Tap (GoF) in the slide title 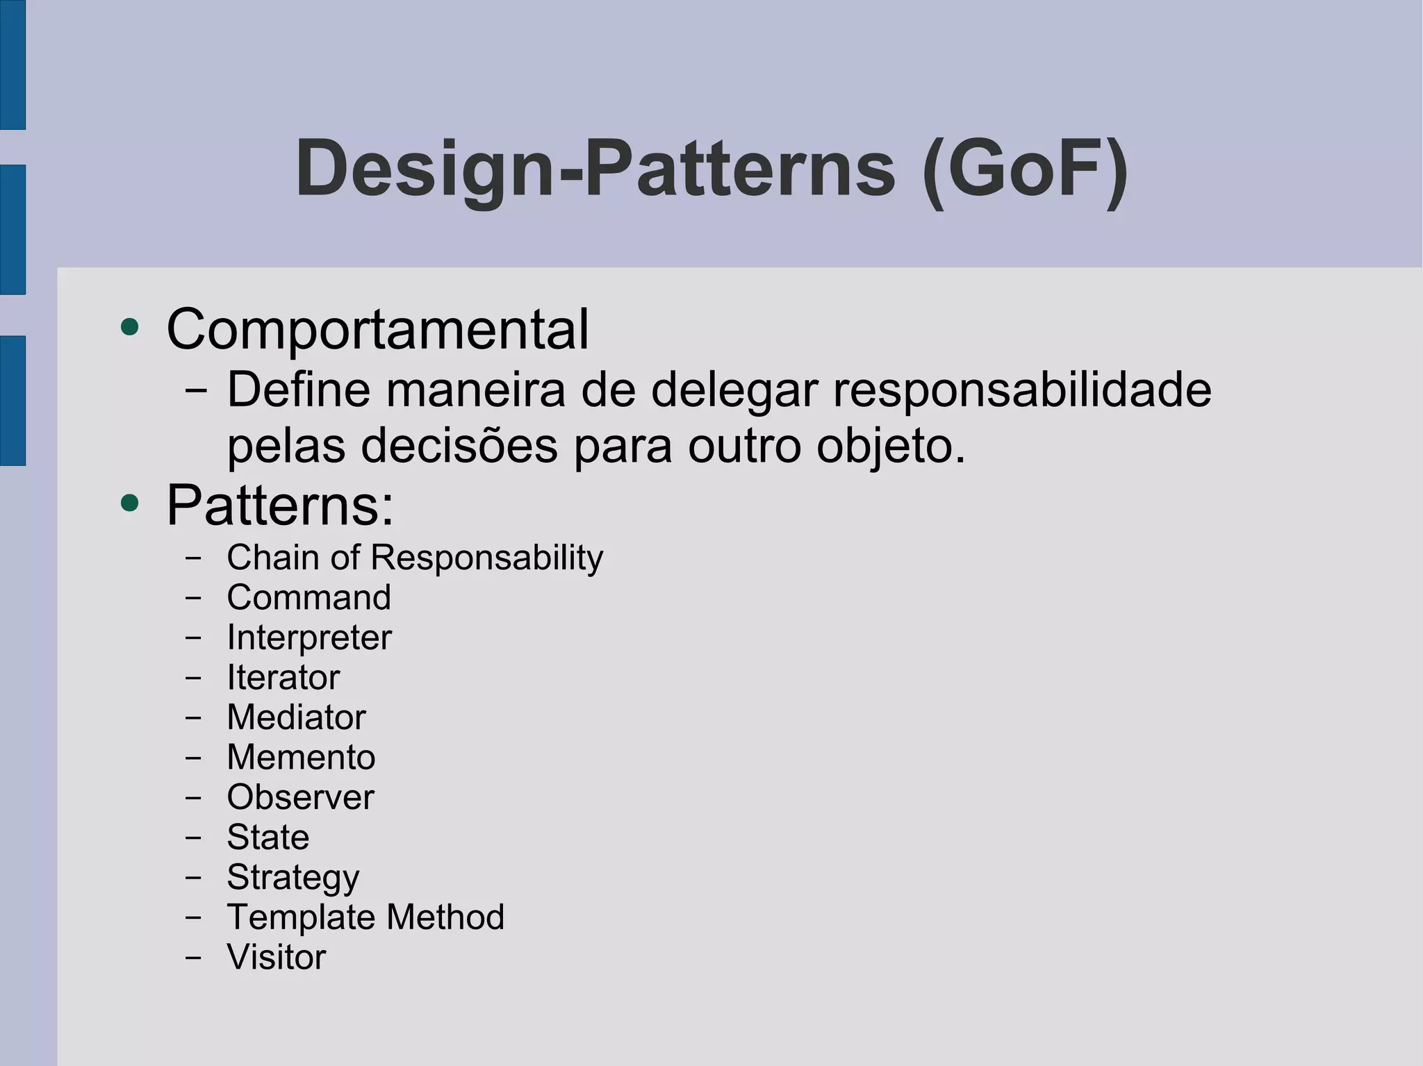(1025, 170)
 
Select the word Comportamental (377, 329)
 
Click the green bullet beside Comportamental (129, 326)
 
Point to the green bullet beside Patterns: (129, 503)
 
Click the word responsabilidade (1022, 390)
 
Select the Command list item (309, 597)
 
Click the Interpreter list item (309, 638)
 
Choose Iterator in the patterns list (283, 677)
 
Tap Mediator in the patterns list (296, 717)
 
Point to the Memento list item (301, 757)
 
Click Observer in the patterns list (300, 797)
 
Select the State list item (268, 837)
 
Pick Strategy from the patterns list (293, 878)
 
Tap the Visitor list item (277, 957)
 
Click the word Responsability (487, 558)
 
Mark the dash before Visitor (193, 957)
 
